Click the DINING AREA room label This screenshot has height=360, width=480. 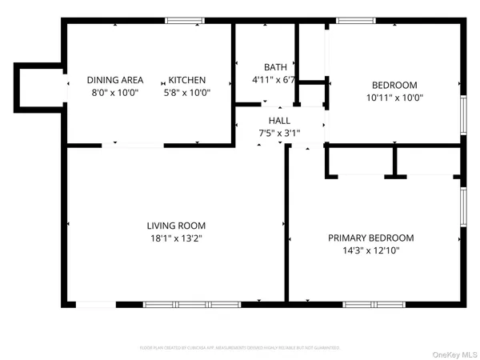[115, 80]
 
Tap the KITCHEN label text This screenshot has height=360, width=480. [187, 80]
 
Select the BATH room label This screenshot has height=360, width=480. [275, 66]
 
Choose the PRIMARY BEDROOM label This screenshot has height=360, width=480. [371, 238]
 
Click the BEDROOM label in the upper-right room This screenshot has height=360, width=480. [394, 85]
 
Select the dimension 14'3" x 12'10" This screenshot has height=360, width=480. [371, 250]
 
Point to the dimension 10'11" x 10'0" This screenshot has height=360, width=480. [394, 98]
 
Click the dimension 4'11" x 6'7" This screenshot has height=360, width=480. [275, 79]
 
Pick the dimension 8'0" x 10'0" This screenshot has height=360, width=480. [115, 93]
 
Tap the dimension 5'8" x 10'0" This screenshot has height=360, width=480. [187, 93]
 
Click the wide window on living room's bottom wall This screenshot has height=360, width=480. [191, 304]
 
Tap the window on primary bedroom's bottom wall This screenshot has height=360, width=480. [374, 304]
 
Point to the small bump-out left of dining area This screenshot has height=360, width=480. [36, 85]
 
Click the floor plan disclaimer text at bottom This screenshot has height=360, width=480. [240, 348]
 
